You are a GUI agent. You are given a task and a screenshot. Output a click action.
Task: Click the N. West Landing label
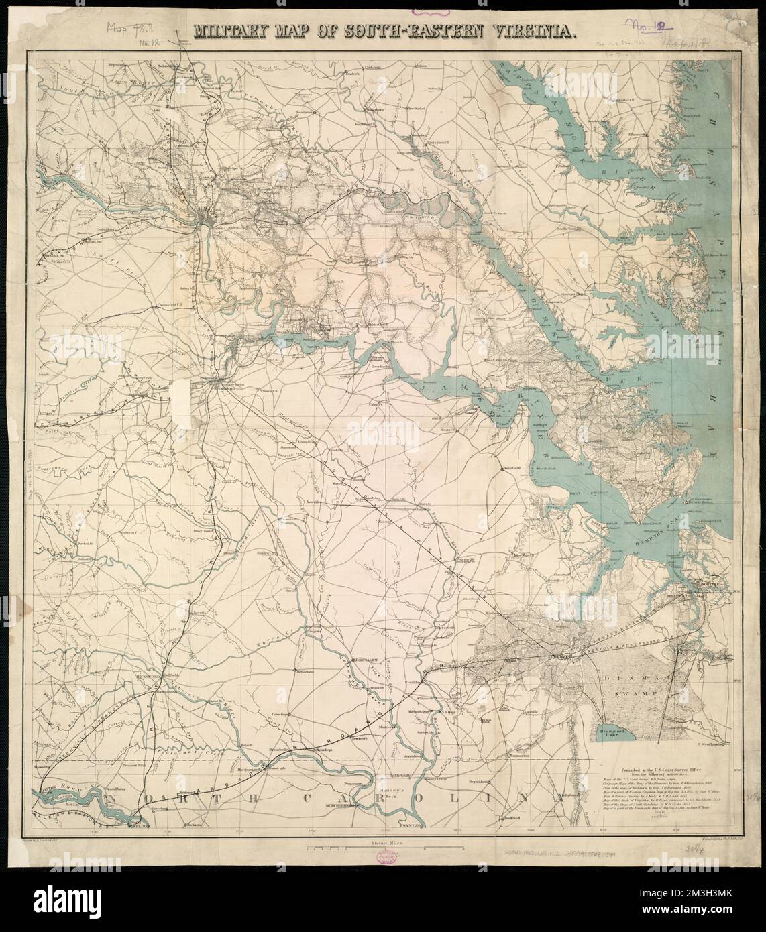(716, 743)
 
